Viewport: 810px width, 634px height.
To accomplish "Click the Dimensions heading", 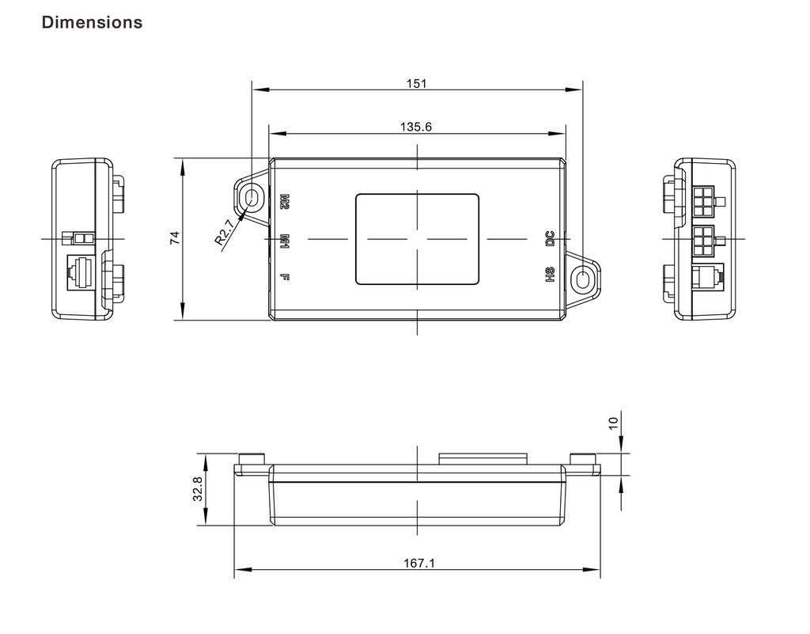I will [x=92, y=22].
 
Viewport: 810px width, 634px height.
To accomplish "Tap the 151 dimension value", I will [x=417, y=83].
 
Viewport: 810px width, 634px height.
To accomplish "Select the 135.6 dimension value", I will [x=417, y=127].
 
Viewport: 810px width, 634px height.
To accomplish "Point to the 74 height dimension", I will [x=175, y=238].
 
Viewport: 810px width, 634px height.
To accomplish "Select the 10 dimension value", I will [x=613, y=423].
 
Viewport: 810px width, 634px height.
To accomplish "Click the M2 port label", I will [x=285, y=202].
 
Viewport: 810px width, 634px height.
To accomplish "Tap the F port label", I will [x=285, y=277].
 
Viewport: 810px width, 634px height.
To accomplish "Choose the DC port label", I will [x=550, y=238].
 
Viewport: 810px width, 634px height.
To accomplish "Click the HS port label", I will [x=550, y=275].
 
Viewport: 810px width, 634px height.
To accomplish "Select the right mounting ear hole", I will [x=582, y=279].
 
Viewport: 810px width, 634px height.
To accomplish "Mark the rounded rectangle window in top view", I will [x=417, y=238].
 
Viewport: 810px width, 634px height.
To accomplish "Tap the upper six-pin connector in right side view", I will [x=702, y=202].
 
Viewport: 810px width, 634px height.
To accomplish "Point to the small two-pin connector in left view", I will [x=81, y=237].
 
